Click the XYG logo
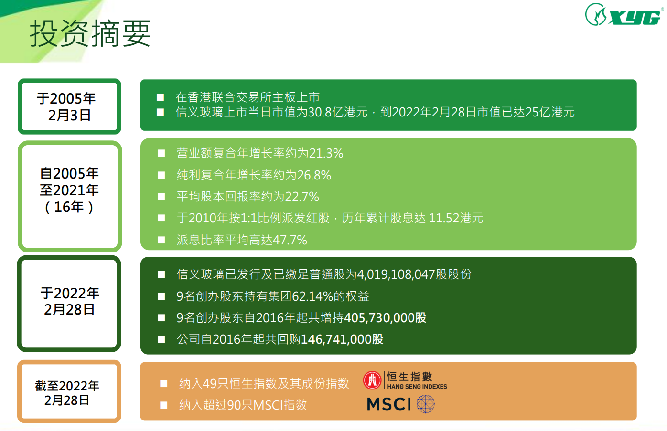624,15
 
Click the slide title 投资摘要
90,33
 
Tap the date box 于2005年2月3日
69,106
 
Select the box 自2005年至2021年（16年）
70,196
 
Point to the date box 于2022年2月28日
69,304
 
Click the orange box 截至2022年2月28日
69,391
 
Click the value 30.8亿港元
338,112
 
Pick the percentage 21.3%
326,153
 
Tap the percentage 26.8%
314,175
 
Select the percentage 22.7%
302,197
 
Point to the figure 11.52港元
456,218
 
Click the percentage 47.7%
290,240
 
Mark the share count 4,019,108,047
396,274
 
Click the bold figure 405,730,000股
385,318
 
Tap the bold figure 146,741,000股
342,339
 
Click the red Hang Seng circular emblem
372,380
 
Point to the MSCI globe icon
426,404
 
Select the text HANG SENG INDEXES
417,387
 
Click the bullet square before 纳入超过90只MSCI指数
164,405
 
